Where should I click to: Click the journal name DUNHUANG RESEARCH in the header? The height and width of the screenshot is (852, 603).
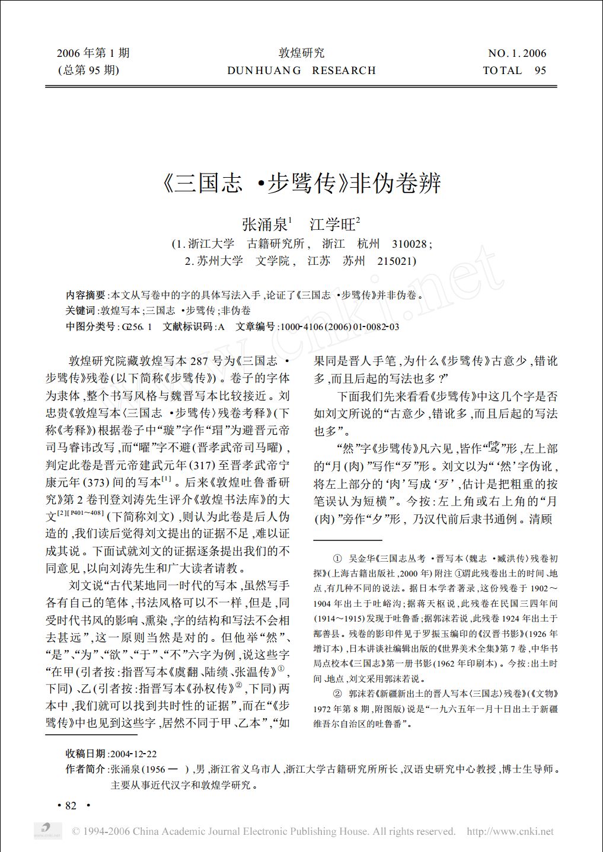click(x=301, y=71)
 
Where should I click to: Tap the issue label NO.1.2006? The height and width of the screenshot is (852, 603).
click(x=516, y=53)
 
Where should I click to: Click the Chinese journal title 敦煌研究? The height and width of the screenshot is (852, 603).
click(x=301, y=53)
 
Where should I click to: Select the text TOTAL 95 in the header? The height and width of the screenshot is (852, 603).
click(x=514, y=71)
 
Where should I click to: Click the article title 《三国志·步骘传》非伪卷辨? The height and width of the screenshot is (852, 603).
click(x=301, y=183)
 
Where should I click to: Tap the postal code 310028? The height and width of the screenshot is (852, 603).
click(x=411, y=244)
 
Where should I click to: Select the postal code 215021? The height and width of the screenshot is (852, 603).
click(x=396, y=261)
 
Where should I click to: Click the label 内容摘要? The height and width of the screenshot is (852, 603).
click(x=85, y=295)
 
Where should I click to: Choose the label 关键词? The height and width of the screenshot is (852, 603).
click(x=80, y=310)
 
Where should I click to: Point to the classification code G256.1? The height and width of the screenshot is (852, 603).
click(x=136, y=326)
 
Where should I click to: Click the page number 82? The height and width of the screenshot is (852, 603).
click(x=71, y=806)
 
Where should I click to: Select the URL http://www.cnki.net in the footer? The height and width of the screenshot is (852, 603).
click(x=510, y=831)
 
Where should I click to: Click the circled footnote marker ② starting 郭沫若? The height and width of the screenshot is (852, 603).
click(x=337, y=693)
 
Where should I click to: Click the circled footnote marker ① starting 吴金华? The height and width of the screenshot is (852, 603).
click(x=337, y=558)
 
